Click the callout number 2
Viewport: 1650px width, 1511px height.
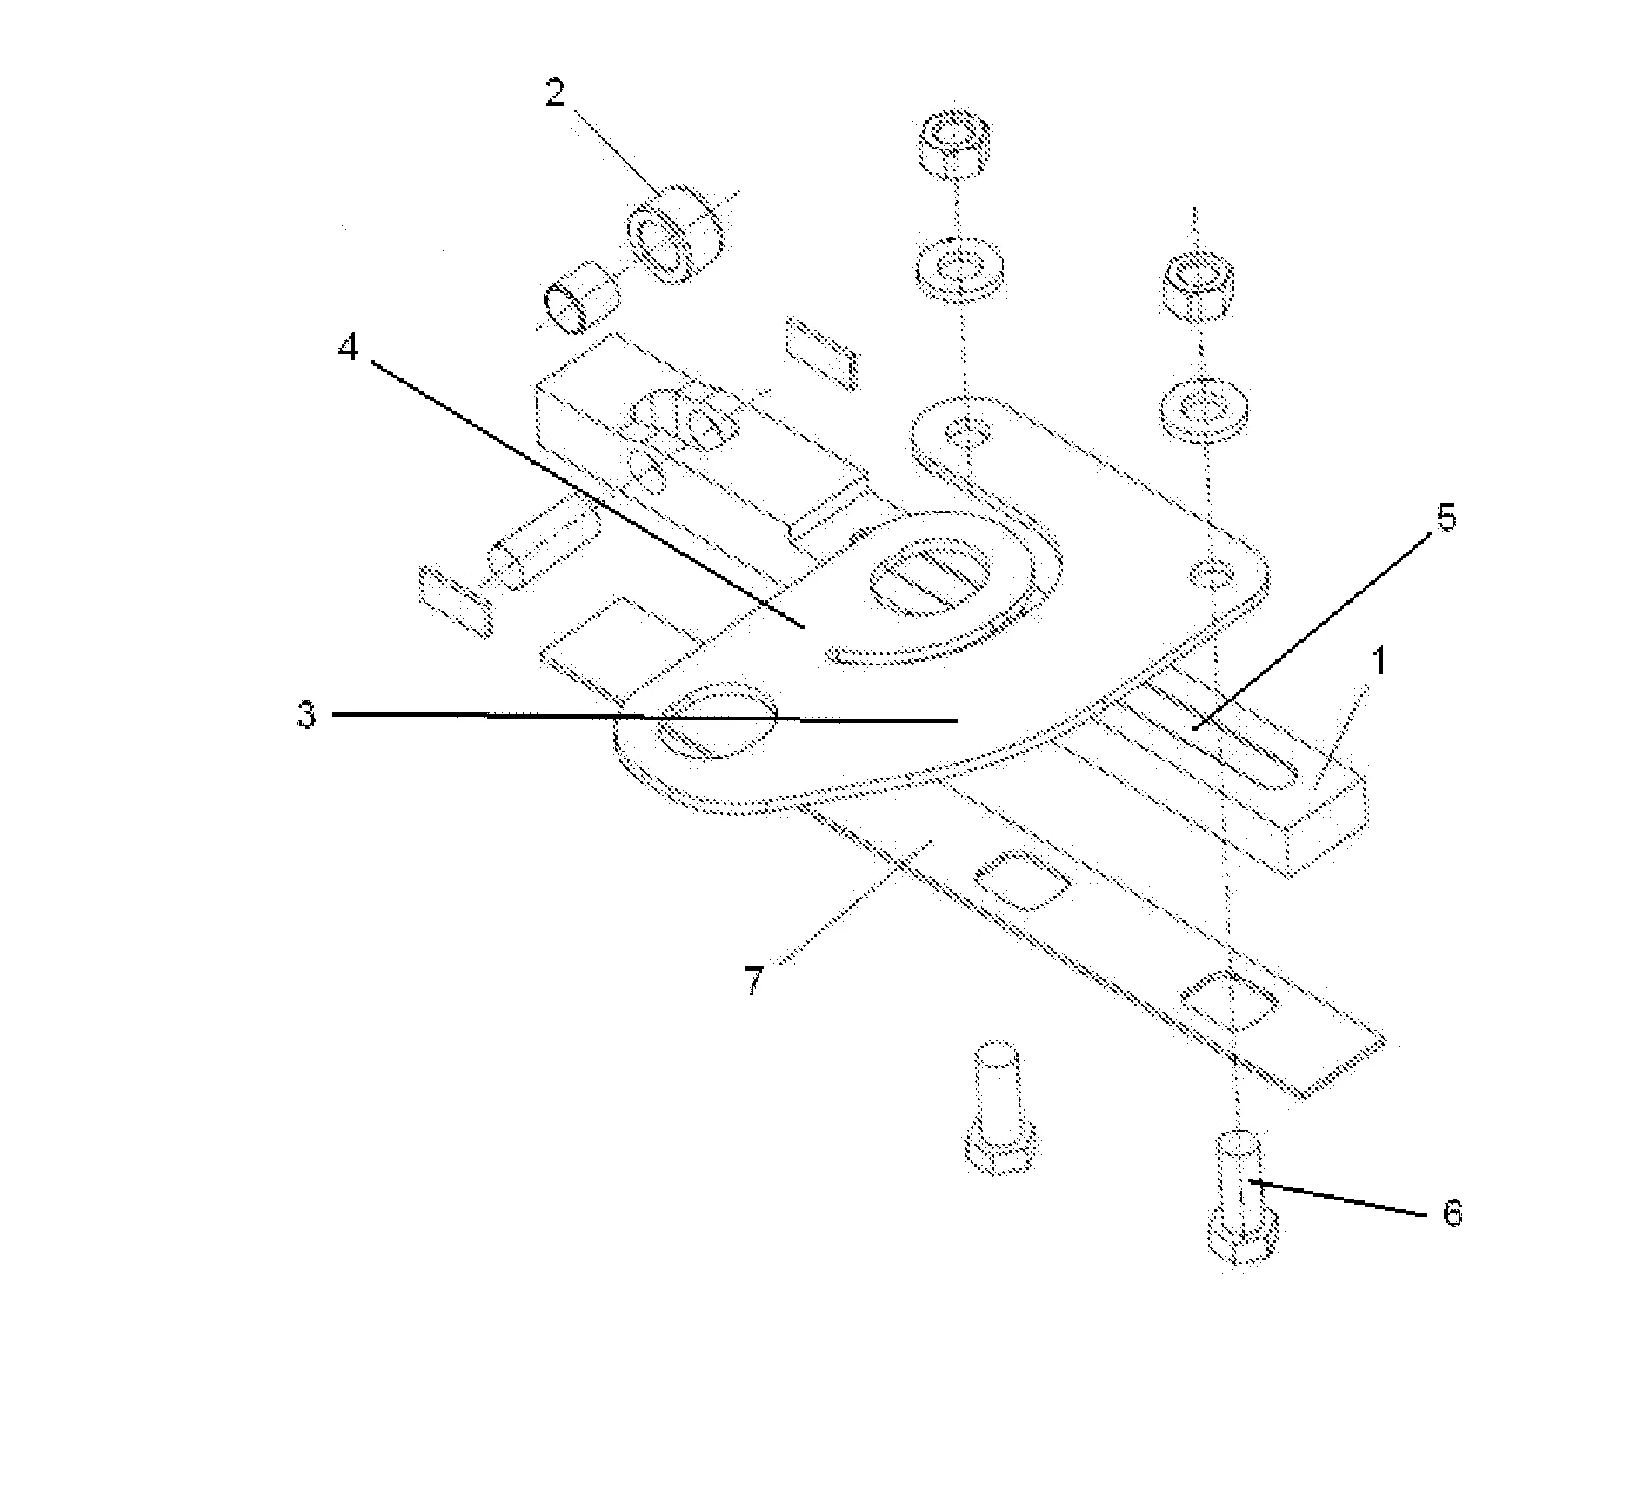point(556,94)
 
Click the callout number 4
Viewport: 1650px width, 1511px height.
point(348,349)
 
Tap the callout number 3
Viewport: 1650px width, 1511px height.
point(305,715)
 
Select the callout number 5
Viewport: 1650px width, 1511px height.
point(1444,518)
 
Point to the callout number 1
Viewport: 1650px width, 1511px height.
point(1378,663)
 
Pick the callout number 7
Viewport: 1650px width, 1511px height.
point(753,981)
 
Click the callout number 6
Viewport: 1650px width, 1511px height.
point(1452,1213)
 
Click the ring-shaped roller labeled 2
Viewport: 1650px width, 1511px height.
point(674,232)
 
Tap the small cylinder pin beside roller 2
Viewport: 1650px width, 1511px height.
point(580,296)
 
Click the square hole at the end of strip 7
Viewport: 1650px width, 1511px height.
point(1229,1002)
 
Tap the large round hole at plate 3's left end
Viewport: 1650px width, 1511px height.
point(717,720)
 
